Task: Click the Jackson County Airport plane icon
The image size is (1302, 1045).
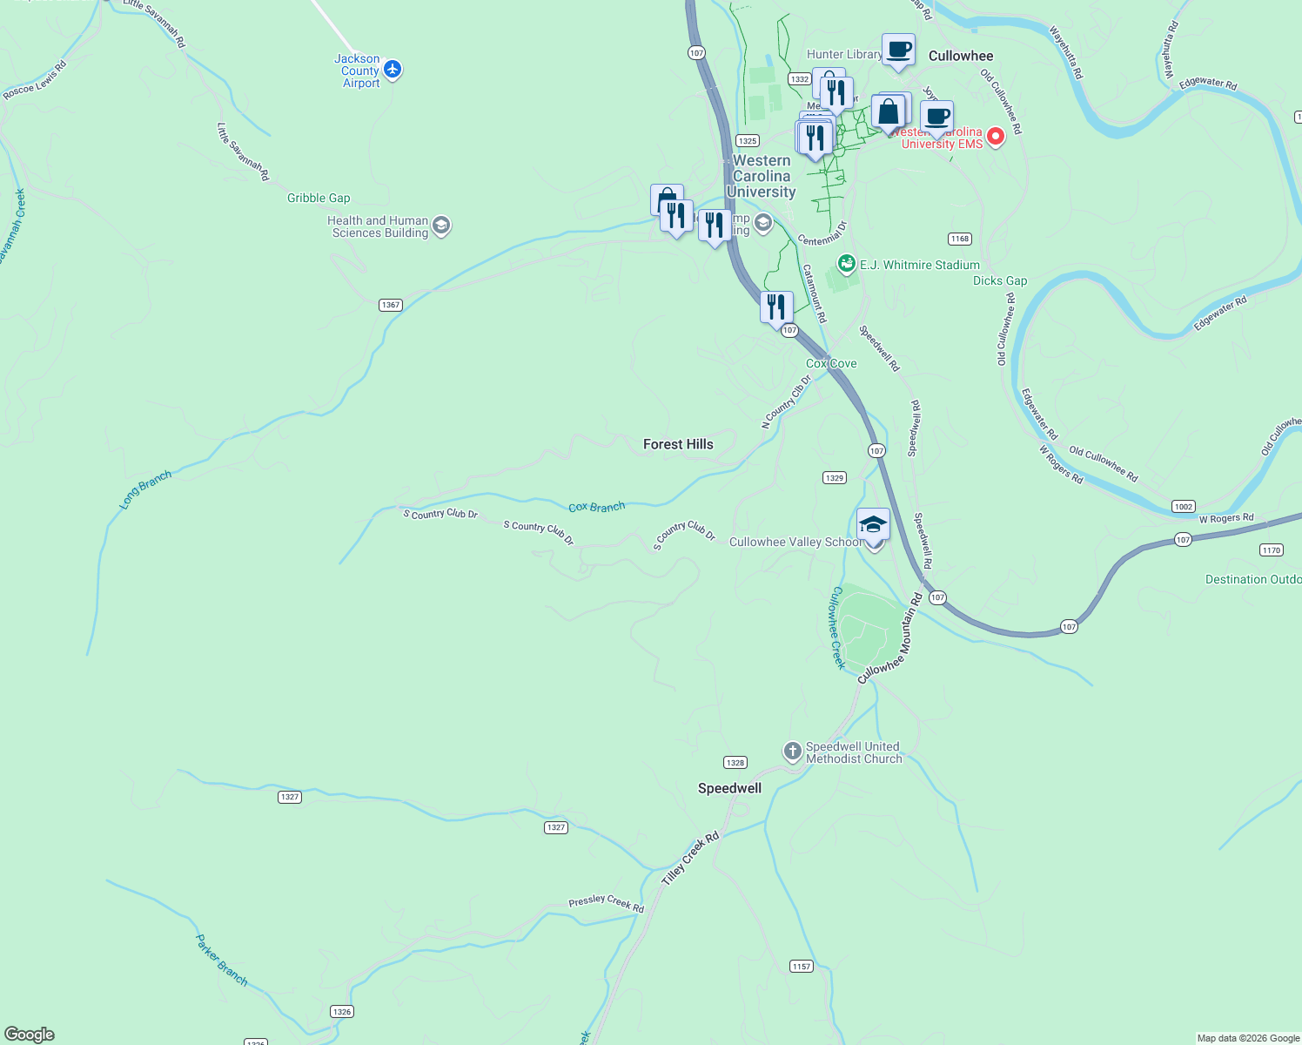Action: tap(393, 69)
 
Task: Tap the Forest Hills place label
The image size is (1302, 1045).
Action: tap(678, 444)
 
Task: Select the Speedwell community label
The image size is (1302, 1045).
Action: tap(729, 788)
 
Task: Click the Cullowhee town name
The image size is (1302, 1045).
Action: tap(960, 56)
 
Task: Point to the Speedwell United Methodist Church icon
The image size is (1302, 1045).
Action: tap(792, 752)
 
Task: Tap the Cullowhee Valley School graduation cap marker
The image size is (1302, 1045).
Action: tap(873, 525)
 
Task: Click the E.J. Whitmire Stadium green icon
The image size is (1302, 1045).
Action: tap(846, 263)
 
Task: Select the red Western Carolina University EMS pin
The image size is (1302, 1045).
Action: tap(996, 136)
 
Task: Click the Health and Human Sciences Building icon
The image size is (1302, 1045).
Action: tap(441, 226)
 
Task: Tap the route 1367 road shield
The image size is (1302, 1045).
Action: tap(391, 305)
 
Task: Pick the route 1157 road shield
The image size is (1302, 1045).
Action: tap(802, 966)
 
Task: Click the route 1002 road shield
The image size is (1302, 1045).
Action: tap(1183, 507)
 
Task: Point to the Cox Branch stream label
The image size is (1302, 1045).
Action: tap(596, 507)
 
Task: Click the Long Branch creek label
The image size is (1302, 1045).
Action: tap(145, 489)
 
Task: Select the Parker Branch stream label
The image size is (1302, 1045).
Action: tap(221, 961)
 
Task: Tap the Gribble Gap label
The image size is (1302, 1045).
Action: tap(319, 198)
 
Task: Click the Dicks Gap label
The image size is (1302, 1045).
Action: tap(1000, 280)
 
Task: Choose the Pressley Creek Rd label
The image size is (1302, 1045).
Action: tap(606, 904)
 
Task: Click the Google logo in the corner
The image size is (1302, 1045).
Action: tap(30, 1035)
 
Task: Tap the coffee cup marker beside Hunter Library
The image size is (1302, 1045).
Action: tap(898, 50)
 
